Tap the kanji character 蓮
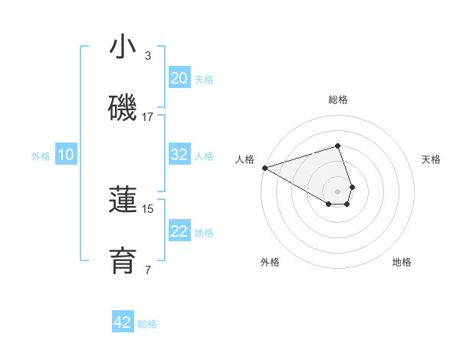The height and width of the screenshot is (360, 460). coord(123,200)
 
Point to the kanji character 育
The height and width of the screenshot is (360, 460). coord(123,260)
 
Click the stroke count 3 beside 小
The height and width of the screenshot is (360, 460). coord(148,56)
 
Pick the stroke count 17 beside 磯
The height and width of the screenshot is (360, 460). coord(148,117)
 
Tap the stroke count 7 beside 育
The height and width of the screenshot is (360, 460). coord(148,270)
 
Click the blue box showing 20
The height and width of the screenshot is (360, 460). coord(179,78)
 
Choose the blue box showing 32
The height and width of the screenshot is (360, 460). coord(179,155)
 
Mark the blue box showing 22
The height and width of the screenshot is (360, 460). coord(179,231)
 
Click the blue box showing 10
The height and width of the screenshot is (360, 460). coord(66,155)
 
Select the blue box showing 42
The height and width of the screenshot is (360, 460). coord(123,322)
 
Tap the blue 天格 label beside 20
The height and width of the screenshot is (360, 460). coord(204,79)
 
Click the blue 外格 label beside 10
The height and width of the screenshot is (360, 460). coord(41,155)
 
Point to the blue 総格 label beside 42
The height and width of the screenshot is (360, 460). coord(147,323)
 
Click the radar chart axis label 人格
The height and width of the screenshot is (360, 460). coord(245,159)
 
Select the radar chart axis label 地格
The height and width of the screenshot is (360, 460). coord(402,262)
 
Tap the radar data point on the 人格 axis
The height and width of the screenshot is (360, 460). coord(264,168)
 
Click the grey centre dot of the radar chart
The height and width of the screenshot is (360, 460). coord(337,191)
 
